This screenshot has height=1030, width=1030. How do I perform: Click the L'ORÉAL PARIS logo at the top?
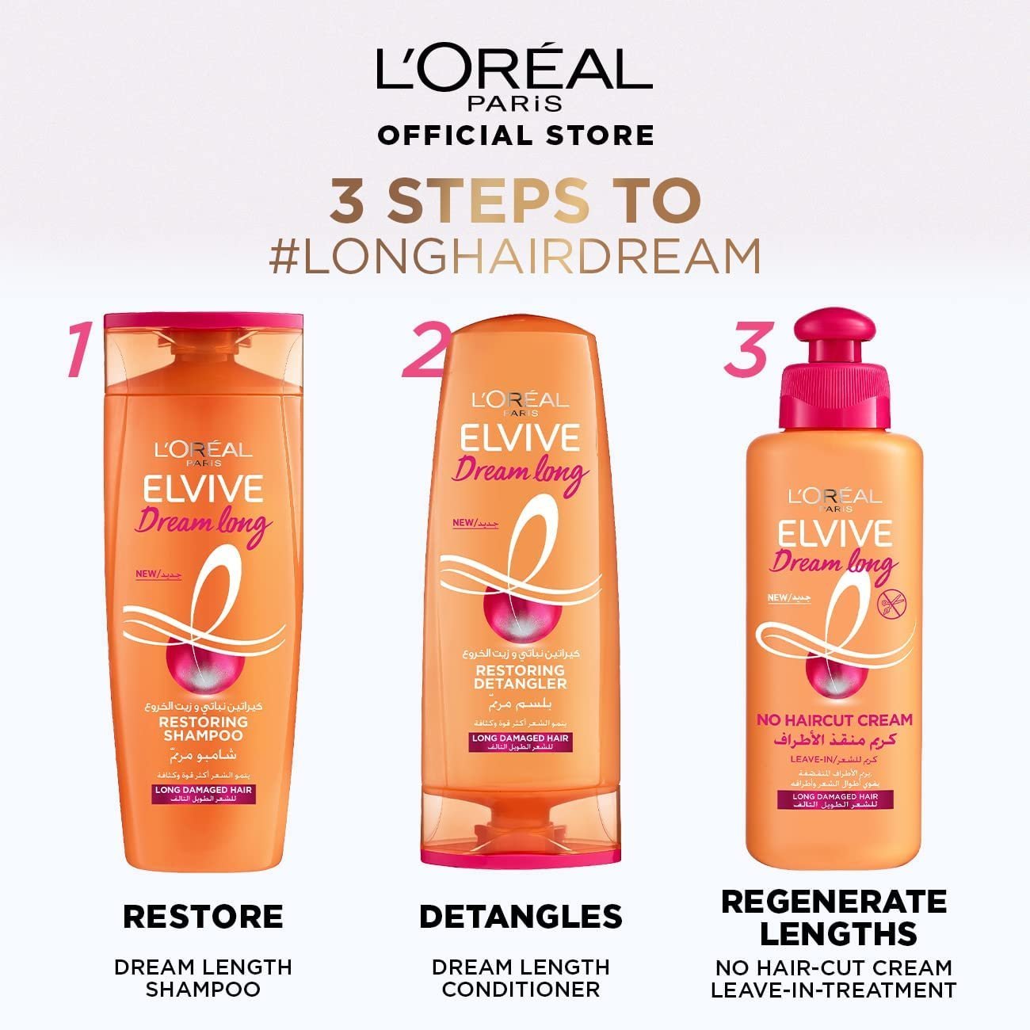[x=514, y=78]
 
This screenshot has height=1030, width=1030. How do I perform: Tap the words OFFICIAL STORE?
[x=516, y=135]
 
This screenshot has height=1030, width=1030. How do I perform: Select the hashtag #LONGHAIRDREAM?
[x=515, y=255]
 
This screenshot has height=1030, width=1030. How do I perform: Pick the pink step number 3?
[x=744, y=349]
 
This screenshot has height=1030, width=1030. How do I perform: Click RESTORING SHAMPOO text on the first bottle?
[x=204, y=728]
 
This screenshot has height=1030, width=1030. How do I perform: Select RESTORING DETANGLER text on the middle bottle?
[x=521, y=677]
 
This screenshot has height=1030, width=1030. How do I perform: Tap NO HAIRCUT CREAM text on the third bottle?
[x=834, y=719]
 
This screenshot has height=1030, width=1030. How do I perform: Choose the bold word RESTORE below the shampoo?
[x=203, y=917]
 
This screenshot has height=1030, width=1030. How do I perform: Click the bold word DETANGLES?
[x=521, y=917]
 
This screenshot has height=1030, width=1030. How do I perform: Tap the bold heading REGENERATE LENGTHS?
[x=834, y=917]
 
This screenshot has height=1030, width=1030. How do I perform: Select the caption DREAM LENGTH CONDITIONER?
[x=521, y=978]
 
